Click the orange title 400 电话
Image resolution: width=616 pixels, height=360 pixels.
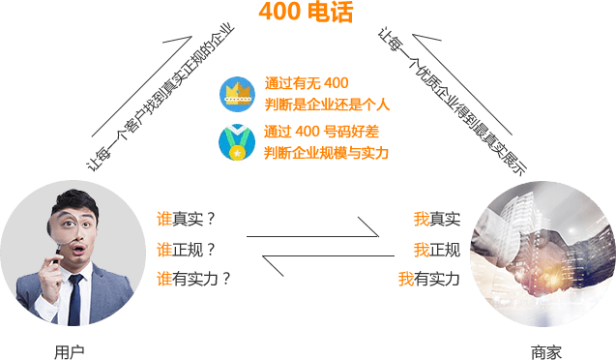click(x=306, y=12)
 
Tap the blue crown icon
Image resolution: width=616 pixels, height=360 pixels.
click(x=237, y=94)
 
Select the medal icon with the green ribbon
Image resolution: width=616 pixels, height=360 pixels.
click(x=237, y=142)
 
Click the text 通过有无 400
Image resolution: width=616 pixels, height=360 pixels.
click(x=307, y=83)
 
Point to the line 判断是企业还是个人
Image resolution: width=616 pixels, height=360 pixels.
click(x=327, y=105)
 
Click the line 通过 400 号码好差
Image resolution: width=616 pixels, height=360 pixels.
click(x=321, y=132)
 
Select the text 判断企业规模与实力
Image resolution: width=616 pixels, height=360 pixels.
click(x=326, y=153)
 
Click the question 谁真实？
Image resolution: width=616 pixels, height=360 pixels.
click(x=186, y=219)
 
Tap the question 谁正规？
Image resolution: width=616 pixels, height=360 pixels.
click(x=186, y=250)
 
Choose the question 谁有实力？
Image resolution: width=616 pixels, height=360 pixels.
click(x=193, y=279)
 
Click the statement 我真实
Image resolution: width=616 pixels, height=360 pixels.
click(x=437, y=219)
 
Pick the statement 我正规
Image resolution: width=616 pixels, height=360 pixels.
click(x=437, y=250)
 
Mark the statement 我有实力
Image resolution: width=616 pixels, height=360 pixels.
click(x=429, y=279)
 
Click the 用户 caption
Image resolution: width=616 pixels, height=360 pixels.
click(x=70, y=352)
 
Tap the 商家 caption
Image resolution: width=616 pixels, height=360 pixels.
click(x=546, y=352)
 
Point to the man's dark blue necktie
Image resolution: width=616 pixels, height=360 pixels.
click(x=74, y=299)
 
